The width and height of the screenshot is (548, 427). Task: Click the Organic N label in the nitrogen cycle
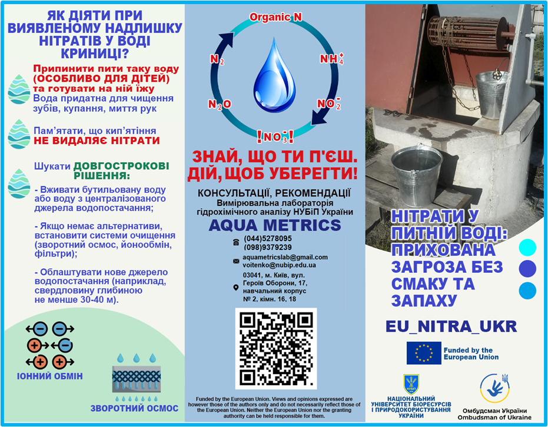275,17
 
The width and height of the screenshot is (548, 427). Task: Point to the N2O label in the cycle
220,104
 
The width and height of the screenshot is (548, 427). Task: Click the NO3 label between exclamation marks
275,137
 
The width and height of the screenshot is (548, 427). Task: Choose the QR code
275,348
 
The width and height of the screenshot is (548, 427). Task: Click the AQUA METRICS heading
275,225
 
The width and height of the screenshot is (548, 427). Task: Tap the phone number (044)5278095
268,238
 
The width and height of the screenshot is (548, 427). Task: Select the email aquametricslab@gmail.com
285,257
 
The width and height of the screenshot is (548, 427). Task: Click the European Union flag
423,353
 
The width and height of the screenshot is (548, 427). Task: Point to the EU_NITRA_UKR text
451,326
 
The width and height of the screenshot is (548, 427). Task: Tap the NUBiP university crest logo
411,385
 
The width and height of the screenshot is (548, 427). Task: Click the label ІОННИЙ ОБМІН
49,376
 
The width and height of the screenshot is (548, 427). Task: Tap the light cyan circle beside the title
527,248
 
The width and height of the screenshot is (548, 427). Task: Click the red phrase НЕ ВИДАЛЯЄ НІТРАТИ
97,141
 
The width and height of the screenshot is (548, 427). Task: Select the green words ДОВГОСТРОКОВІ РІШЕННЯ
112,171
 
